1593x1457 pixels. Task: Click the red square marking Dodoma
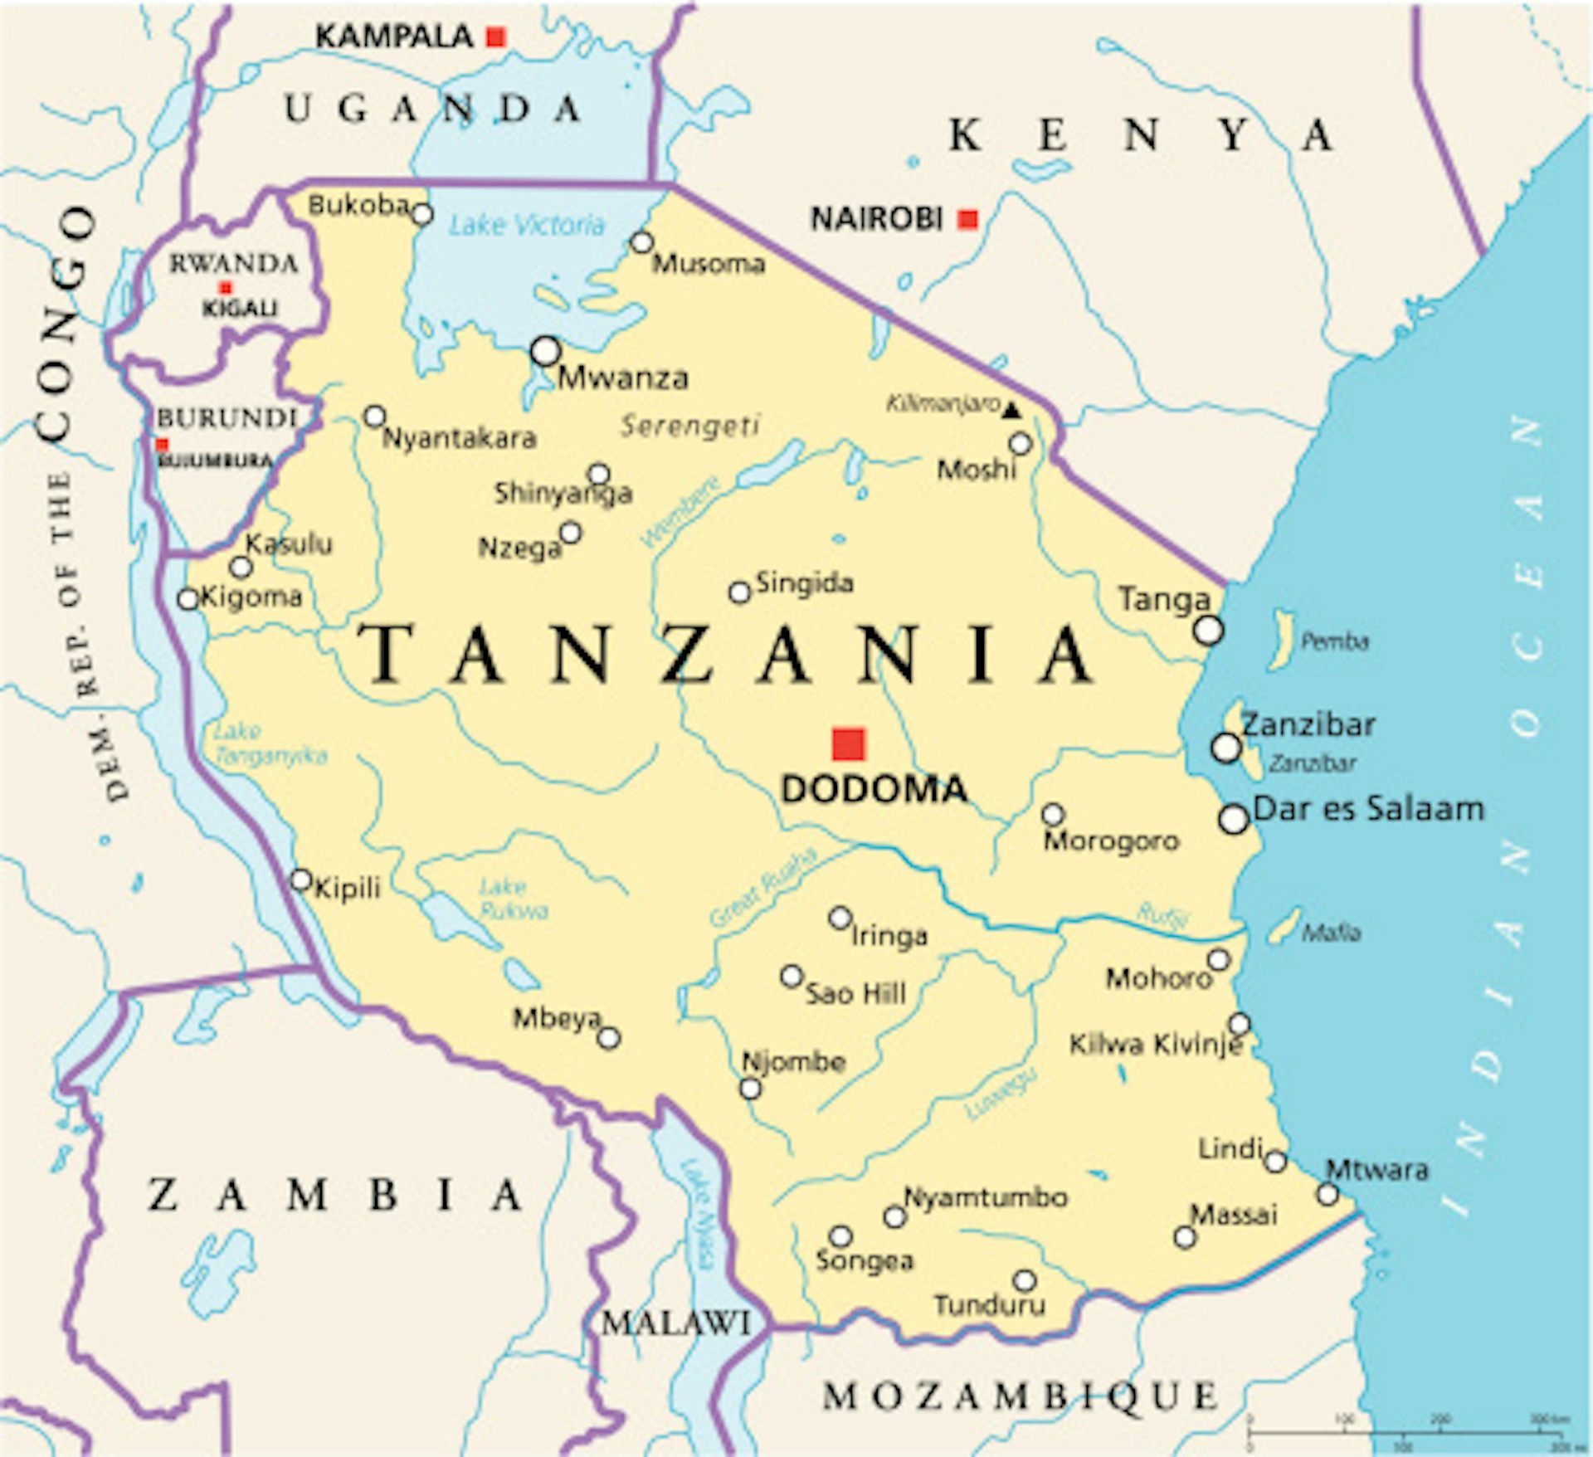[848, 744]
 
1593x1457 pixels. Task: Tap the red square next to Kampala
[495, 37]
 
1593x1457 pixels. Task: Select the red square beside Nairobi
[967, 219]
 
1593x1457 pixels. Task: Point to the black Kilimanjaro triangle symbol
[1011, 409]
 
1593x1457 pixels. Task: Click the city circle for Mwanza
[545, 351]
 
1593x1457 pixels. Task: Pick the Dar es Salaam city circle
[1233, 819]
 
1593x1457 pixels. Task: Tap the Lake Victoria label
[527, 225]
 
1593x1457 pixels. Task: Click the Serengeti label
[689, 426]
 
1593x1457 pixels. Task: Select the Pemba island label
[1334, 641]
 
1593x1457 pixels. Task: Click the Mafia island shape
[1284, 925]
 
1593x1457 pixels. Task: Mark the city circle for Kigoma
[188, 598]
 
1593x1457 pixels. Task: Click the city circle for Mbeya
[609, 1038]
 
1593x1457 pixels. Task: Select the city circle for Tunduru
[1025, 1279]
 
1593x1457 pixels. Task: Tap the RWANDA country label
[233, 264]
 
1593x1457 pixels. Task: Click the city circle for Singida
[739, 592]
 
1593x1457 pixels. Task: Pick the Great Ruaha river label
[764, 888]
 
